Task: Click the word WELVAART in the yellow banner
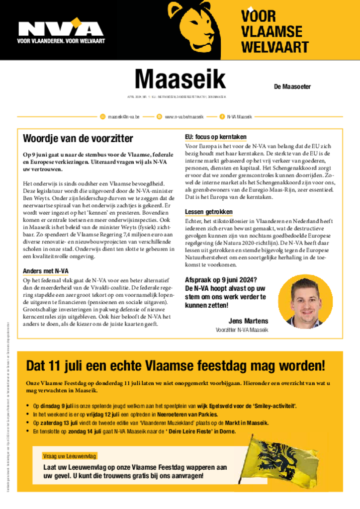pyautogui.click(x=274, y=48)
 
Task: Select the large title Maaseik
pyautogui.click(x=180, y=79)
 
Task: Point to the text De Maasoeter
pyautogui.click(x=292, y=86)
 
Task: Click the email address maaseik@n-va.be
pyautogui.click(x=123, y=117)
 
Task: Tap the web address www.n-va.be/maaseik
pyautogui.click(x=184, y=117)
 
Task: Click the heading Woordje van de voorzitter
pyautogui.click(x=78, y=138)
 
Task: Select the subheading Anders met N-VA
pyautogui.click(x=46, y=271)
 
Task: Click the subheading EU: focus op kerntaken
pyautogui.click(x=215, y=137)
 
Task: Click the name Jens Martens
pyautogui.click(x=248, y=321)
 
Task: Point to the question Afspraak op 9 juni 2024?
pyautogui.click(x=221, y=280)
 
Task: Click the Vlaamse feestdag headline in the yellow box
pyautogui.click(x=175, y=366)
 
